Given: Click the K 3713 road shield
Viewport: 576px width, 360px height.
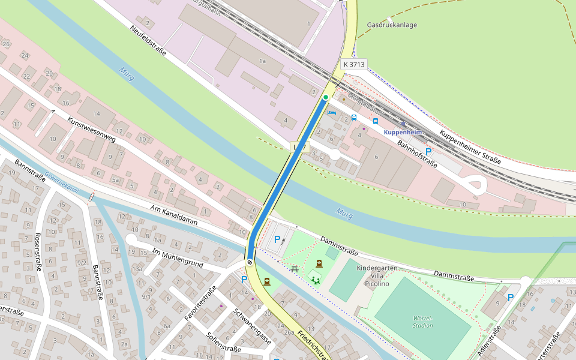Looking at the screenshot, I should pos(354,64).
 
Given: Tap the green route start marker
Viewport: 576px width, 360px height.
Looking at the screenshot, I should pos(326,97).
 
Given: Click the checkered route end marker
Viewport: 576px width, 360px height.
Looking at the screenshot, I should pos(250,262).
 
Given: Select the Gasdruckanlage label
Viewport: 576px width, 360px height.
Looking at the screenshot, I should pos(391,25).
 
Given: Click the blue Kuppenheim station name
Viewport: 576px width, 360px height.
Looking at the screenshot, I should pos(403,132).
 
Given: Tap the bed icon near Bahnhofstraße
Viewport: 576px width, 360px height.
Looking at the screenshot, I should pos(332,112).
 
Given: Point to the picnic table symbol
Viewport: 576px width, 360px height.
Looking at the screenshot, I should pos(295,269).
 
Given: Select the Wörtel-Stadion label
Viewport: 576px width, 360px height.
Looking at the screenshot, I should pos(423,322).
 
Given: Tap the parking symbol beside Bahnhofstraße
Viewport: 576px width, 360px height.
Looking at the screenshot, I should pos(428,152).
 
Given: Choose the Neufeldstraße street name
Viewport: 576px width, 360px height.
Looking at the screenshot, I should pos(148,41).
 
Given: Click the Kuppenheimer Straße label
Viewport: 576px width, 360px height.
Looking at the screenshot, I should pos(470,146).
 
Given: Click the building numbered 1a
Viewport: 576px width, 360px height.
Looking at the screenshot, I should pos(262,61).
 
